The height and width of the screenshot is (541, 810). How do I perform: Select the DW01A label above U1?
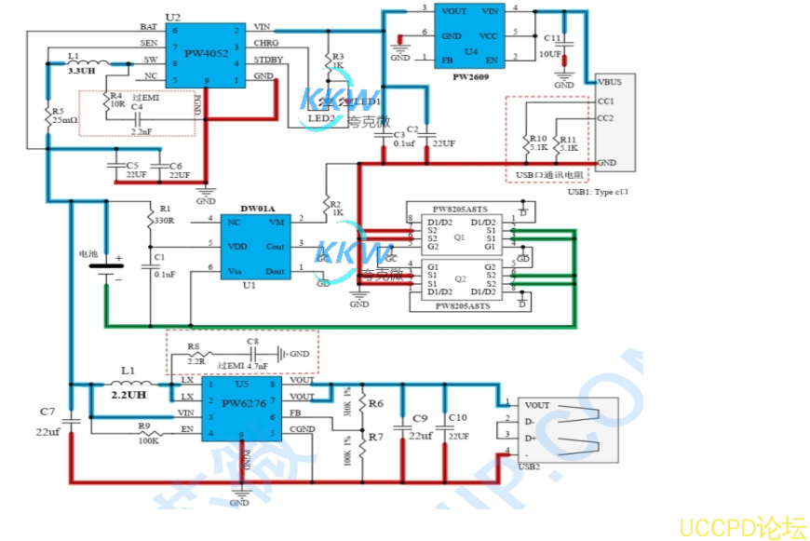coord(257,208)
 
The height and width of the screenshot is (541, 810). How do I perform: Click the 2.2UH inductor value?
coord(129,394)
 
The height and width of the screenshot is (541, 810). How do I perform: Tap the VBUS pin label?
coord(610,81)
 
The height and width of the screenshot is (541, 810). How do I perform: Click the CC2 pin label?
coord(605,118)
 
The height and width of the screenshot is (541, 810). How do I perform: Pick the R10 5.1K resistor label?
coord(538,142)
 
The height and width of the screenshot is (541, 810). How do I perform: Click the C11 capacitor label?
coord(553,38)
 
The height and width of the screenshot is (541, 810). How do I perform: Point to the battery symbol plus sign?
coord(118,258)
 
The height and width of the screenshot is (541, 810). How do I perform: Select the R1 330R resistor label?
coord(165,215)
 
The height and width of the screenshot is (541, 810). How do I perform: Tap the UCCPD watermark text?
coord(742,527)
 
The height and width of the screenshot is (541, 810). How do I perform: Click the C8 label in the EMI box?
coord(252,342)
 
